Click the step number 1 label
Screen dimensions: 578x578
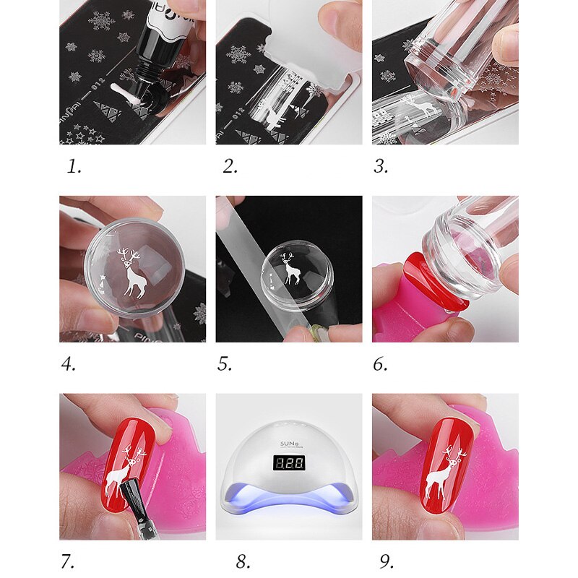coord(74,167)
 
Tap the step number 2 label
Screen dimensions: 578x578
coord(230,167)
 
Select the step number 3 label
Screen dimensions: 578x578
coord(381,167)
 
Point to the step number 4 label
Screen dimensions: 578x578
coord(69,364)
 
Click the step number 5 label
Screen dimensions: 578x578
coord(225,364)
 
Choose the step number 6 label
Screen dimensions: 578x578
coord(381,364)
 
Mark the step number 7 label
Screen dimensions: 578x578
coord(68,561)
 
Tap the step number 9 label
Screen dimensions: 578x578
coord(387,561)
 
